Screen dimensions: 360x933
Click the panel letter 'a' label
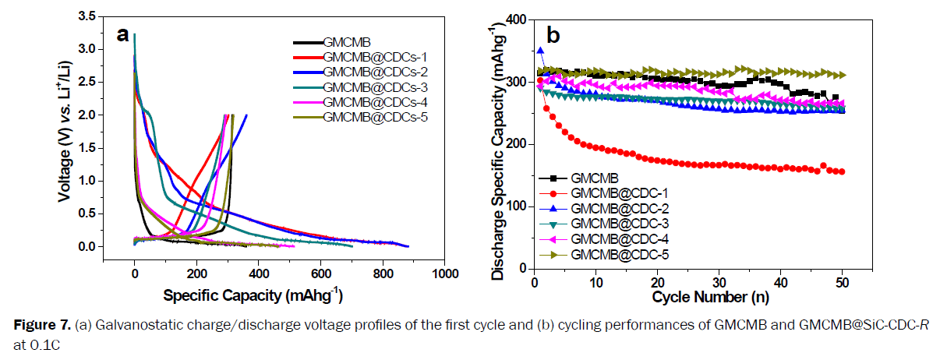(123, 34)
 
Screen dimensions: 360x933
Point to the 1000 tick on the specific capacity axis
(444, 275)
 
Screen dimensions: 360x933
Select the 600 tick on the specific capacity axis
(320, 275)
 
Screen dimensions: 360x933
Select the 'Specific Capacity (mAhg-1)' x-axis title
(253, 297)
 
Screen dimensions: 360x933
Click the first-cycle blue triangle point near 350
(540, 51)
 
